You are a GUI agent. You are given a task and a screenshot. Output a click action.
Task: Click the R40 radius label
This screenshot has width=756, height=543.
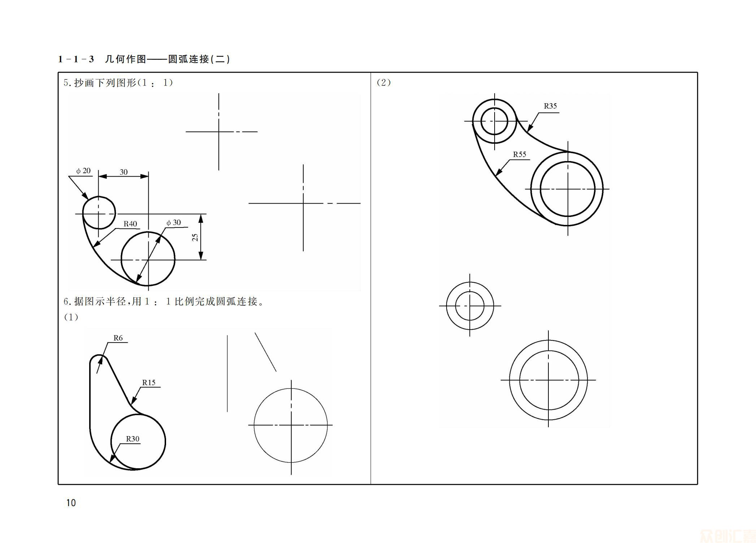130,224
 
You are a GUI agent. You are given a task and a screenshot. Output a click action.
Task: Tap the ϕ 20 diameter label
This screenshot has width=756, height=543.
83,171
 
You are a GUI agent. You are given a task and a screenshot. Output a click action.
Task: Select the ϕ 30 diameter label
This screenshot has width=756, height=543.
174,223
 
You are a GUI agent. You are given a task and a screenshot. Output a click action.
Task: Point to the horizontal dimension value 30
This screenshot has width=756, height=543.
123,172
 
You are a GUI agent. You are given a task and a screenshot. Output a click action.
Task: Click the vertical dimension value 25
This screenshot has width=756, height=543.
195,237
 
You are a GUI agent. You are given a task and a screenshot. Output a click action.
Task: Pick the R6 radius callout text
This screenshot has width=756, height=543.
118,338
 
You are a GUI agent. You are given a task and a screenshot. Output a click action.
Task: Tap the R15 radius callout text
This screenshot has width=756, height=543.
149,383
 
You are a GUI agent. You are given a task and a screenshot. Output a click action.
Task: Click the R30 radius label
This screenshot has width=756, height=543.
132,439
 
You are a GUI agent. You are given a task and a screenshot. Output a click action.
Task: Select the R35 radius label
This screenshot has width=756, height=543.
550,106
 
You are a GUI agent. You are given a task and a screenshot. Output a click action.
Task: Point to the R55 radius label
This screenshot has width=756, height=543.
520,155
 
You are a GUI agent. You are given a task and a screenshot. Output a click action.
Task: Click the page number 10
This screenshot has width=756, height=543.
71,503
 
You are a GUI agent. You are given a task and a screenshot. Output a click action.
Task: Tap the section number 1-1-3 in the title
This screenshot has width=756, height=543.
76,59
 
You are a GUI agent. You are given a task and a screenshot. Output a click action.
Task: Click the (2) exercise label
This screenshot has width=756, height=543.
383,82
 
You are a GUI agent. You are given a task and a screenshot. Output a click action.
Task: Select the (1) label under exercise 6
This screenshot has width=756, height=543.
71,317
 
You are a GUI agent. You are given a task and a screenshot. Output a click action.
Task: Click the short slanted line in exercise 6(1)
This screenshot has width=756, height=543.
265,352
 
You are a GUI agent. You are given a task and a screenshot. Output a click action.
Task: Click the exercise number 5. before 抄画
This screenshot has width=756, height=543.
66,83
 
